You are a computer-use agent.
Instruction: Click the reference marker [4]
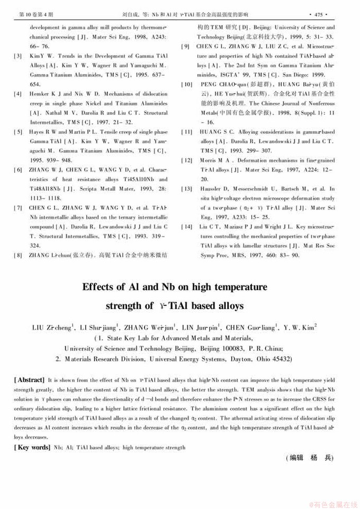18,93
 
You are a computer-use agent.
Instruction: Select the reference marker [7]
18,208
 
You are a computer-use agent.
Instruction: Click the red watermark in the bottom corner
334,504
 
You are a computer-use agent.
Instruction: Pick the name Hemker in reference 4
39,93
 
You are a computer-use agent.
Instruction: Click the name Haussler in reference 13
211,189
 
